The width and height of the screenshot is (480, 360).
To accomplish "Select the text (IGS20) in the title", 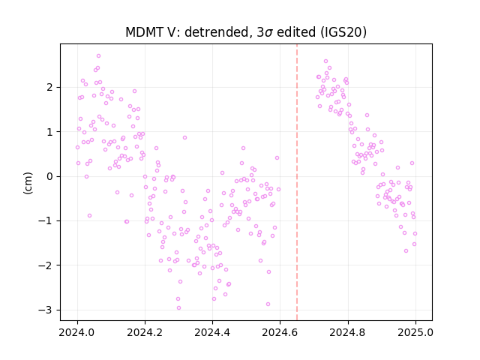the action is coord(343,32).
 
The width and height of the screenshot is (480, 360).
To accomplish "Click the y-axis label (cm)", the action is coord(28,183).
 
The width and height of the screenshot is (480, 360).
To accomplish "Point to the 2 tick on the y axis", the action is coord(49,87).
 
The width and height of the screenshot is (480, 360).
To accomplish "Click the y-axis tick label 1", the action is coord(49,132).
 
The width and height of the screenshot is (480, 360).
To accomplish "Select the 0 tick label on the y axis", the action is coord(49,177).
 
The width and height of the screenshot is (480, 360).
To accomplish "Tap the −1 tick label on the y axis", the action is coord(46,221).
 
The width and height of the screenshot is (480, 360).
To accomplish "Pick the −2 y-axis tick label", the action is coord(46,265).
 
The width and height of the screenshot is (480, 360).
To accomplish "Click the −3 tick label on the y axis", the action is coord(46,310).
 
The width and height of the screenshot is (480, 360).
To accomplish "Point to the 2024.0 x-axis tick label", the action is coord(77,332).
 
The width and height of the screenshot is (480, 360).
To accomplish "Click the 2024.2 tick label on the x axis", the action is coord(145,332).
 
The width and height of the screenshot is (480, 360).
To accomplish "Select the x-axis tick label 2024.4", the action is coord(212,332).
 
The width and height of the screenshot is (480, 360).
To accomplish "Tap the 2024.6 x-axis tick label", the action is coord(280,332).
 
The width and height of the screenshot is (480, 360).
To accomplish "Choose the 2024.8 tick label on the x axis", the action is coord(348,332).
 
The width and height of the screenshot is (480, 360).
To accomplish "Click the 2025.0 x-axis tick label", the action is coord(415,332).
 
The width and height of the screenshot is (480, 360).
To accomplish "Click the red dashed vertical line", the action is coord(297,182).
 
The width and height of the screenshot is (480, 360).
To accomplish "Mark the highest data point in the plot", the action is coord(98,56).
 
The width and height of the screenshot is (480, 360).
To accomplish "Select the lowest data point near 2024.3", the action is coord(178,308).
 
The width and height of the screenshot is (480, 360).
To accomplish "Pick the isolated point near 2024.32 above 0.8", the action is coord(185,138).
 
